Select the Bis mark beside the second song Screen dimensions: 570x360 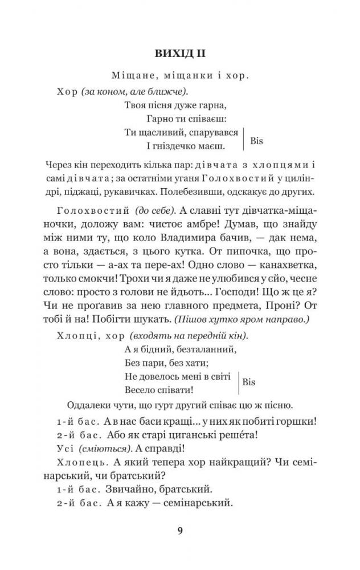(x=249, y=382)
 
